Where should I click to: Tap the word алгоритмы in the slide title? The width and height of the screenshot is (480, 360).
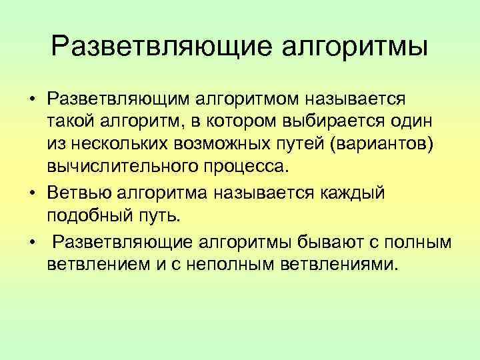click(354, 47)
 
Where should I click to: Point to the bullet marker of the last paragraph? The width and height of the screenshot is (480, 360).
click(31, 240)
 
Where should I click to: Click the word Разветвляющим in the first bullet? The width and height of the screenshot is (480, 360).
click(118, 99)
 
